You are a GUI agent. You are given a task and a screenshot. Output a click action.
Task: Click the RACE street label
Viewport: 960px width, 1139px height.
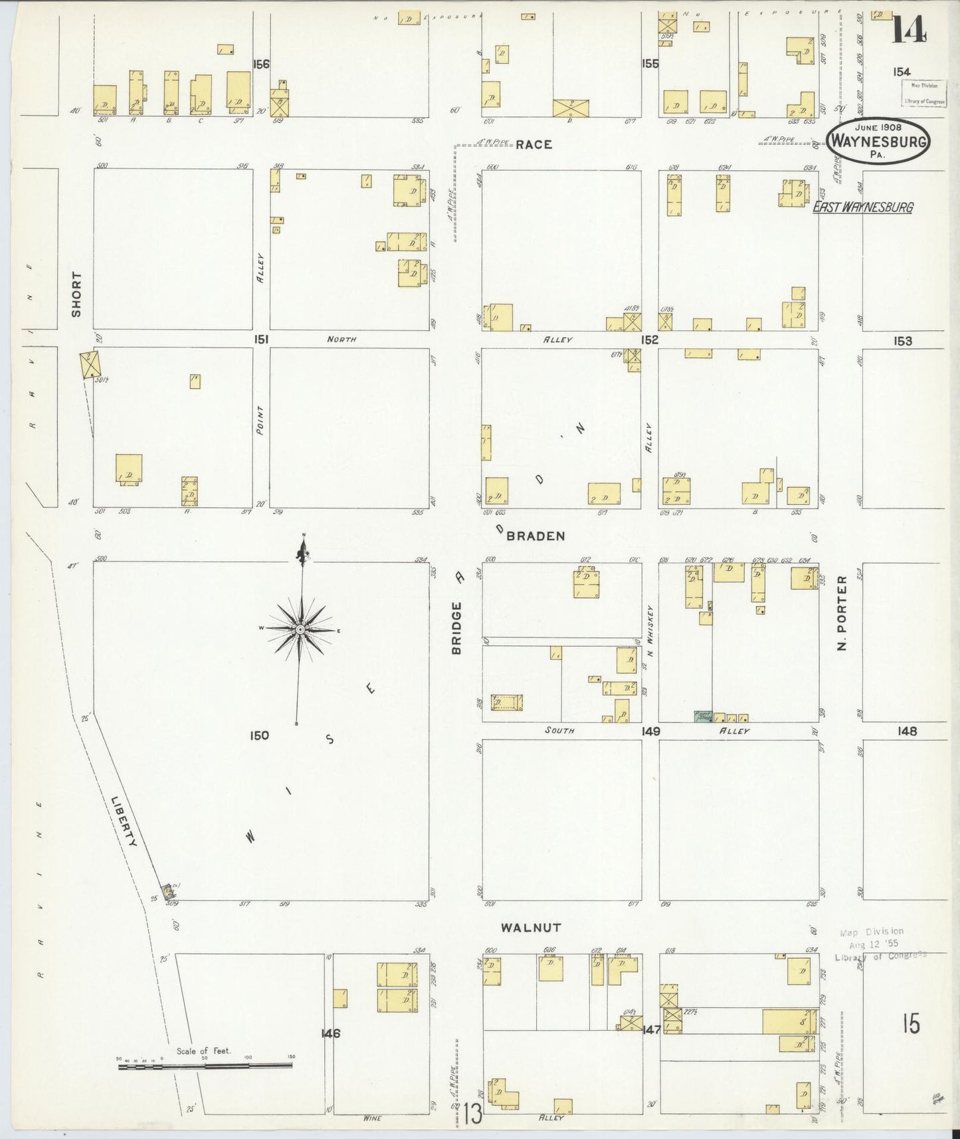click(x=533, y=144)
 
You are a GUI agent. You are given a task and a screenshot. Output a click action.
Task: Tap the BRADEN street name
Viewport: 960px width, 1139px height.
click(x=535, y=536)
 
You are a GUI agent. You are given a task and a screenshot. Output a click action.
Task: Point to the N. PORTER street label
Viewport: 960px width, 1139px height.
click(x=842, y=613)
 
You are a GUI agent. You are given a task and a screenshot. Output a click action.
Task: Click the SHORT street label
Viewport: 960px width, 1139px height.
click(x=76, y=294)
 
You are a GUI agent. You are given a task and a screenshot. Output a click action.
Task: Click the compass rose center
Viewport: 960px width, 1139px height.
click(x=300, y=629)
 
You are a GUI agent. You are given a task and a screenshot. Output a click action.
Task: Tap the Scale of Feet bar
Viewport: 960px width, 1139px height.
click(x=205, y=1065)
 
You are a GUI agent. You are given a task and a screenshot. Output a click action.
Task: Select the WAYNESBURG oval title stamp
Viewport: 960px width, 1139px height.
click(x=878, y=141)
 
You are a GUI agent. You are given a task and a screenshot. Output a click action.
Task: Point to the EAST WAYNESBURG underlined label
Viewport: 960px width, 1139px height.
click(x=863, y=207)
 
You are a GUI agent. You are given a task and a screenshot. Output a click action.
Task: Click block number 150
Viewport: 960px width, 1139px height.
click(x=259, y=736)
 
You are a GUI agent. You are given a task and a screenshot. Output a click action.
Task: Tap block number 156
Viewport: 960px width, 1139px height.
click(x=261, y=64)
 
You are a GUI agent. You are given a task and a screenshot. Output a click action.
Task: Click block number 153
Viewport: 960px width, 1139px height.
click(x=902, y=341)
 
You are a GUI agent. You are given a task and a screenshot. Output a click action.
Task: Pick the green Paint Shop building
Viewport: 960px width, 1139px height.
click(x=702, y=716)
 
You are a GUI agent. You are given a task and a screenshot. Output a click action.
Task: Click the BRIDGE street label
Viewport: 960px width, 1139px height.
click(x=457, y=628)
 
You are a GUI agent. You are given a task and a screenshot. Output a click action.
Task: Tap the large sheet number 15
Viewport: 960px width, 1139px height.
click(x=911, y=1024)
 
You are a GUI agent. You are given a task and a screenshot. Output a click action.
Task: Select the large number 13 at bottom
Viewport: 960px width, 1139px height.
click(x=472, y=1113)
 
